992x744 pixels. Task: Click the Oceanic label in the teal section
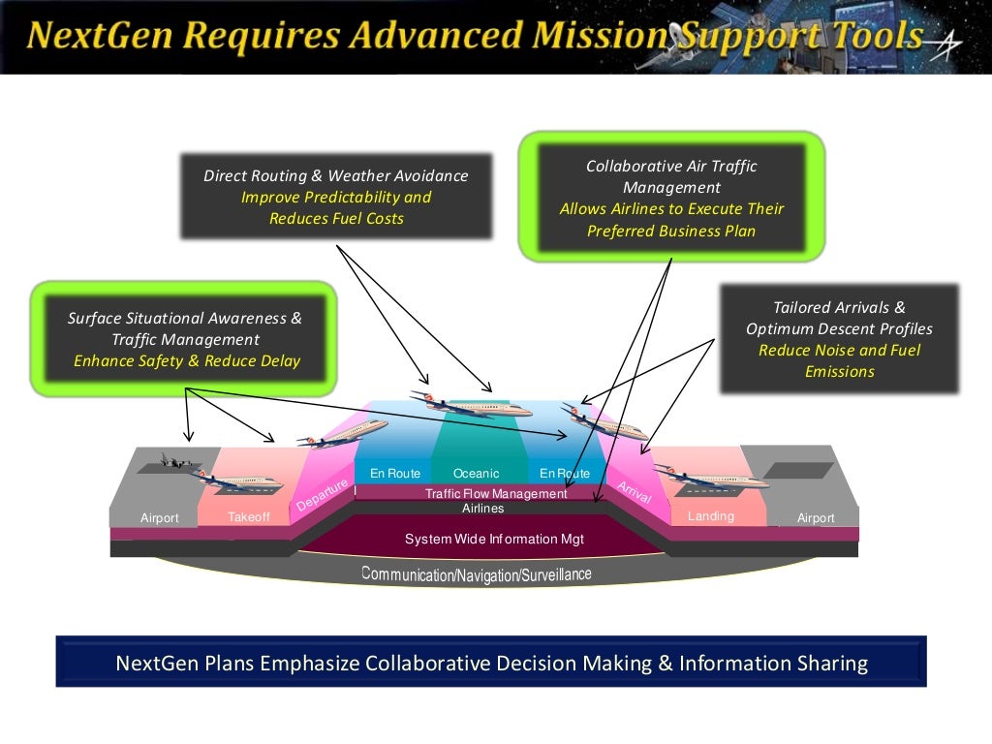point(476,473)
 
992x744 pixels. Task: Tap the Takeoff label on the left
point(249,517)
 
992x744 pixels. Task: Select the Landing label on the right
point(711,515)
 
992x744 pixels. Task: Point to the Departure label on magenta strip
point(322,495)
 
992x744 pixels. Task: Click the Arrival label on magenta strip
point(635,492)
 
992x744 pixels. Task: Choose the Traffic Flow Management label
point(496,493)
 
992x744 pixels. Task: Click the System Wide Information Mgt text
point(494,539)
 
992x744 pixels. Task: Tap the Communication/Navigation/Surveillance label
point(477,574)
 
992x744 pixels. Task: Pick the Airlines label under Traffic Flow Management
point(482,508)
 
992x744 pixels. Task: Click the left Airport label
point(160,517)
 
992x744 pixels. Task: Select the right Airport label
point(816,517)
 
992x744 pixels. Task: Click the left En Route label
point(395,473)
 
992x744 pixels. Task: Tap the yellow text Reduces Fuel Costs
point(336,218)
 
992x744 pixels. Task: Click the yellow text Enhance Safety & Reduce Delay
point(187,360)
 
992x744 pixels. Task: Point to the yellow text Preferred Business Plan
point(671,231)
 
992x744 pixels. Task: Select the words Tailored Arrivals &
point(839,307)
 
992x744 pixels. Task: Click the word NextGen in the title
point(100,35)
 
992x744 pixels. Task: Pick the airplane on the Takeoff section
point(239,480)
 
